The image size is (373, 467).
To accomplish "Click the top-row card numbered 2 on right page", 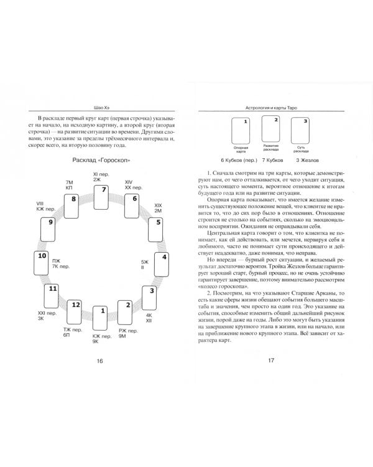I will click(x=271, y=128).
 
